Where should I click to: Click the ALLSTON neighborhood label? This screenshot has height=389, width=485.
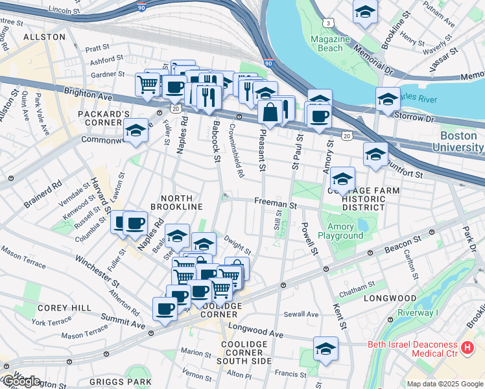44,37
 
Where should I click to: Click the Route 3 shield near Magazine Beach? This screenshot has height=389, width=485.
330,23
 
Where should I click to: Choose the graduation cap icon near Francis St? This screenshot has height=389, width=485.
325,349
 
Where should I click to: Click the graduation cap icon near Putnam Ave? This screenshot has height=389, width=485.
366,12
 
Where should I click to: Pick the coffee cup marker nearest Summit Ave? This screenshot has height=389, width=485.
165,309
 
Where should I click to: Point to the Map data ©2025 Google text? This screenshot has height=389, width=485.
444,384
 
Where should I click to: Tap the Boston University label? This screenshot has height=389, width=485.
462,141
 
